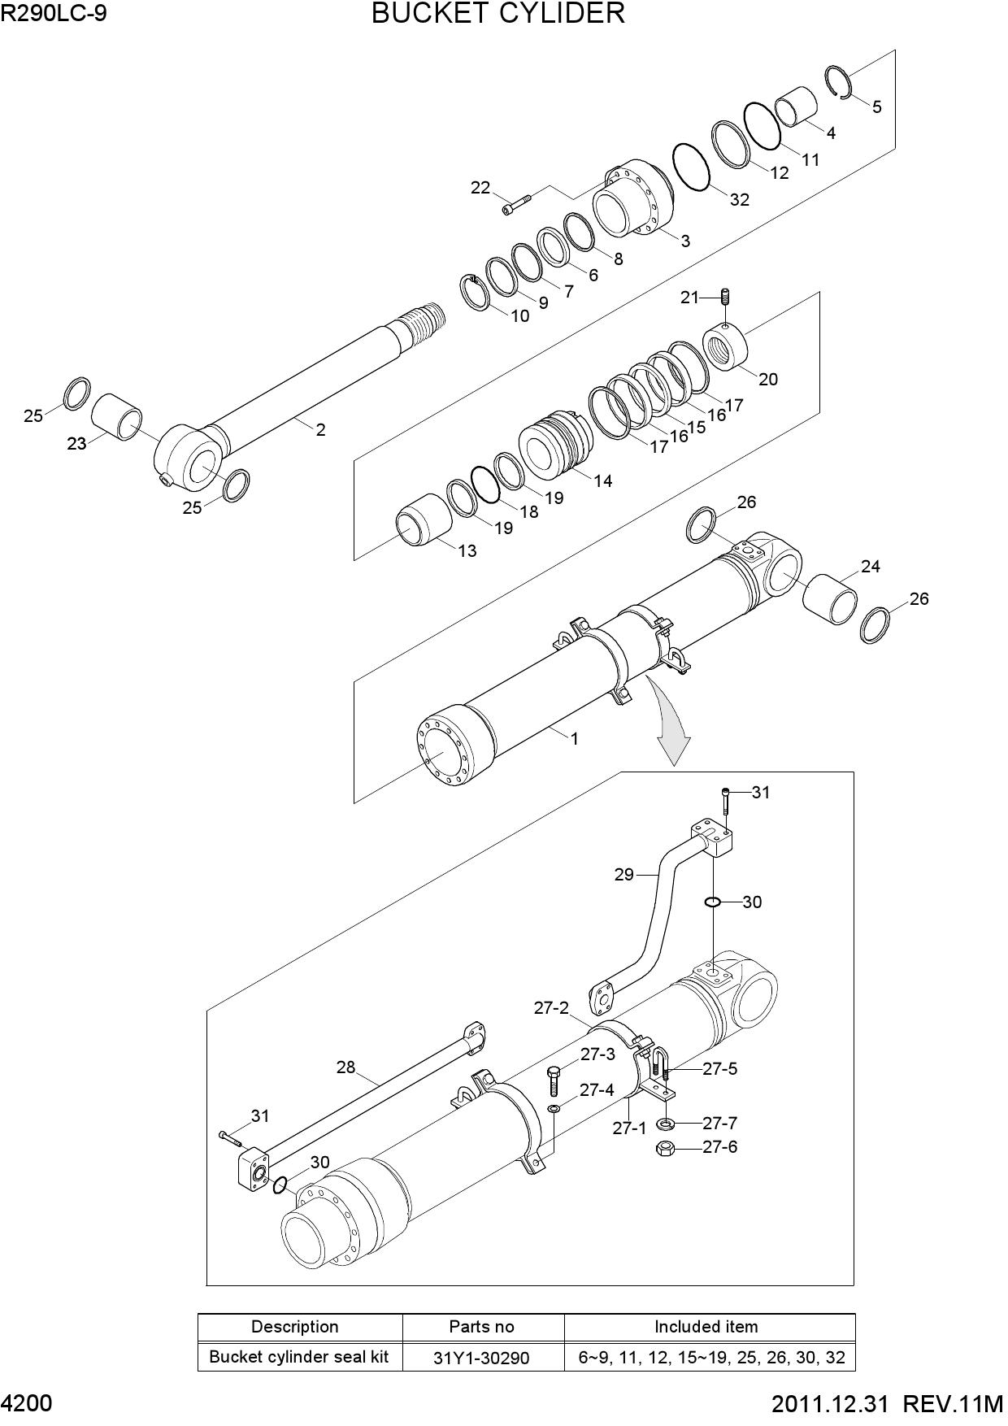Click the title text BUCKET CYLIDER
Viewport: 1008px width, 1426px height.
498,14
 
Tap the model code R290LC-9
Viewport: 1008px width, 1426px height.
54,13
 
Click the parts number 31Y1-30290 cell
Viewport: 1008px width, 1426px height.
483,1358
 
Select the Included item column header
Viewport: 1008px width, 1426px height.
706,1327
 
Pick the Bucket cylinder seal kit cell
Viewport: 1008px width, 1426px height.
299,1357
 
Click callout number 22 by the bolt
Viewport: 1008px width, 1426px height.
480,188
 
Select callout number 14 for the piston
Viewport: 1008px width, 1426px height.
602,480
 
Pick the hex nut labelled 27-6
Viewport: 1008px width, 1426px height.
664,1149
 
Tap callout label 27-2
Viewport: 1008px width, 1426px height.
551,1008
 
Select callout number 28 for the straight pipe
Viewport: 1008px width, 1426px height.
346,1067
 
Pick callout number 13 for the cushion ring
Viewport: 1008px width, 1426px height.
467,550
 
